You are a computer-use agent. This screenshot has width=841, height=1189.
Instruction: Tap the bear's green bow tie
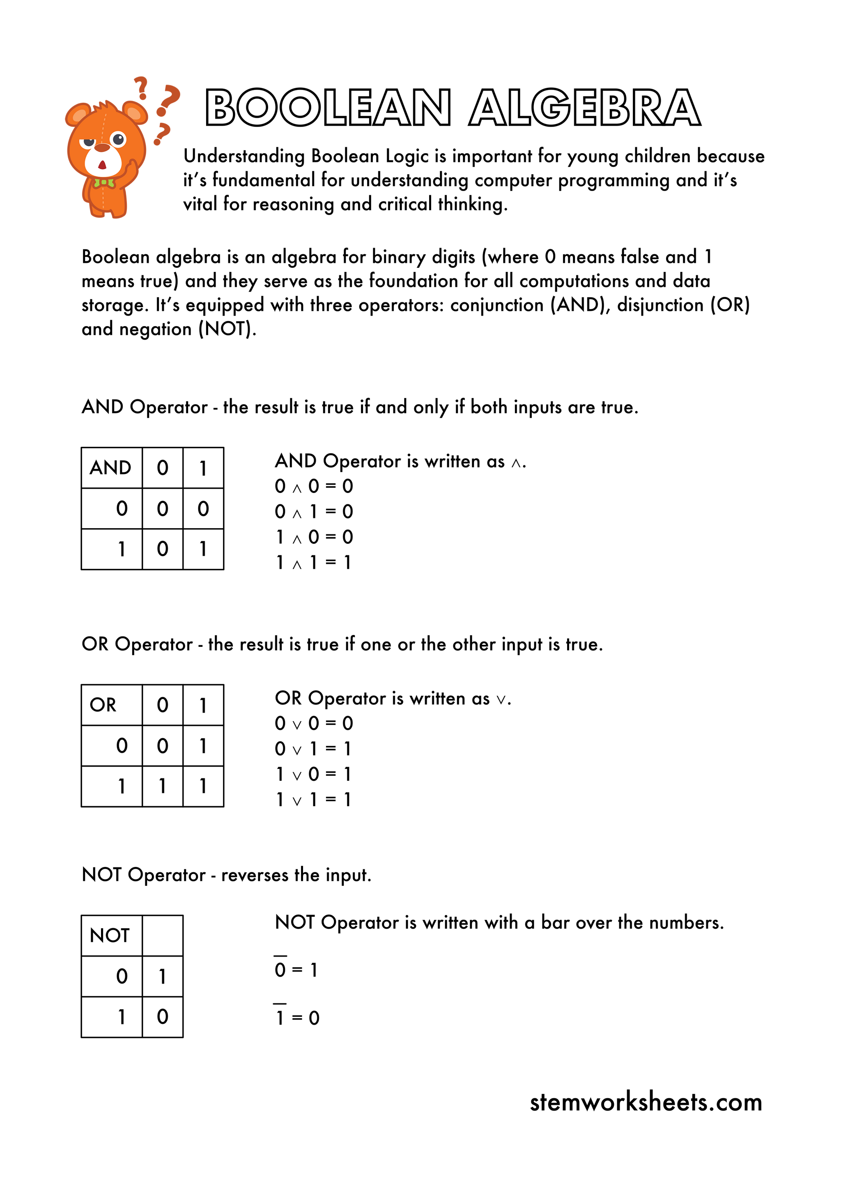pyautogui.click(x=104, y=183)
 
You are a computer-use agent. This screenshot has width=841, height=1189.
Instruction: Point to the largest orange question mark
pyautogui.click(x=168, y=99)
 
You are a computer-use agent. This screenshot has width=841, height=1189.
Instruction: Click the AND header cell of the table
pyautogui.click(x=111, y=468)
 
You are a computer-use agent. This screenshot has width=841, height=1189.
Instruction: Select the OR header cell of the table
pyautogui.click(x=111, y=705)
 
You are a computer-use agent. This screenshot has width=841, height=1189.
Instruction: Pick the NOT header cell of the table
pyautogui.click(x=111, y=935)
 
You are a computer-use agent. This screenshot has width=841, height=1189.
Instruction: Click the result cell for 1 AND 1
pyautogui.click(x=203, y=549)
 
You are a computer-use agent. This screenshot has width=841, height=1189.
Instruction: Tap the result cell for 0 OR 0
pyautogui.click(x=163, y=746)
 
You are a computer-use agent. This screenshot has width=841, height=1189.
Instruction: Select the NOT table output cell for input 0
pyautogui.click(x=163, y=976)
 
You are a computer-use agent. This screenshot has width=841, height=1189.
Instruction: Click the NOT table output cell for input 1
pyautogui.click(x=163, y=1017)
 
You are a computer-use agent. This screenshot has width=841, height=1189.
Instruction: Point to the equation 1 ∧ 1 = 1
pyautogui.click(x=313, y=562)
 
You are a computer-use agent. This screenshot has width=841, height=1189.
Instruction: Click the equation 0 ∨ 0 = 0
pyautogui.click(x=313, y=723)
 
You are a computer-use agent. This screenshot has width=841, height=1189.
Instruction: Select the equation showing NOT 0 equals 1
pyautogui.click(x=296, y=968)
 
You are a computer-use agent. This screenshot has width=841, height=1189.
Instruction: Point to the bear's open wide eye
pyautogui.click(x=119, y=139)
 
